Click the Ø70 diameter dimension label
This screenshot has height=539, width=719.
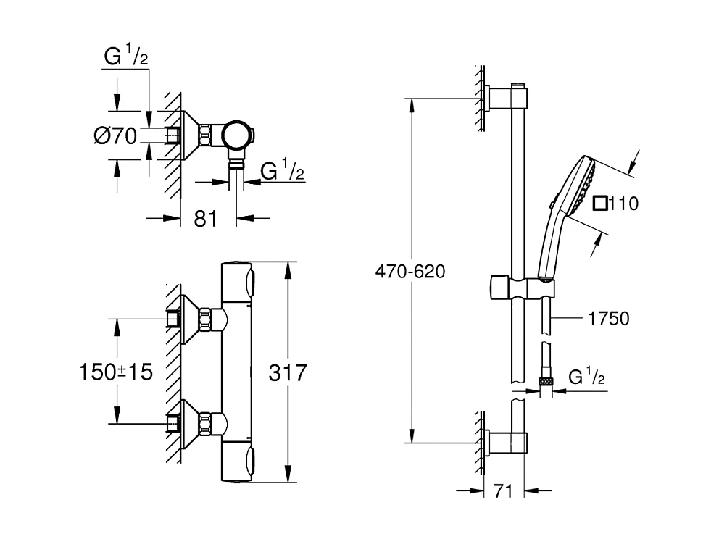[x=115, y=135]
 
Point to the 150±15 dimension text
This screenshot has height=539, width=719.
[x=115, y=372]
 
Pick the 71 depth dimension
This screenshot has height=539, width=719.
[x=504, y=492]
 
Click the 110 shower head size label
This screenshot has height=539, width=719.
[x=623, y=204]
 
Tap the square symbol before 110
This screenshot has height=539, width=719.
[x=600, y=204]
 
